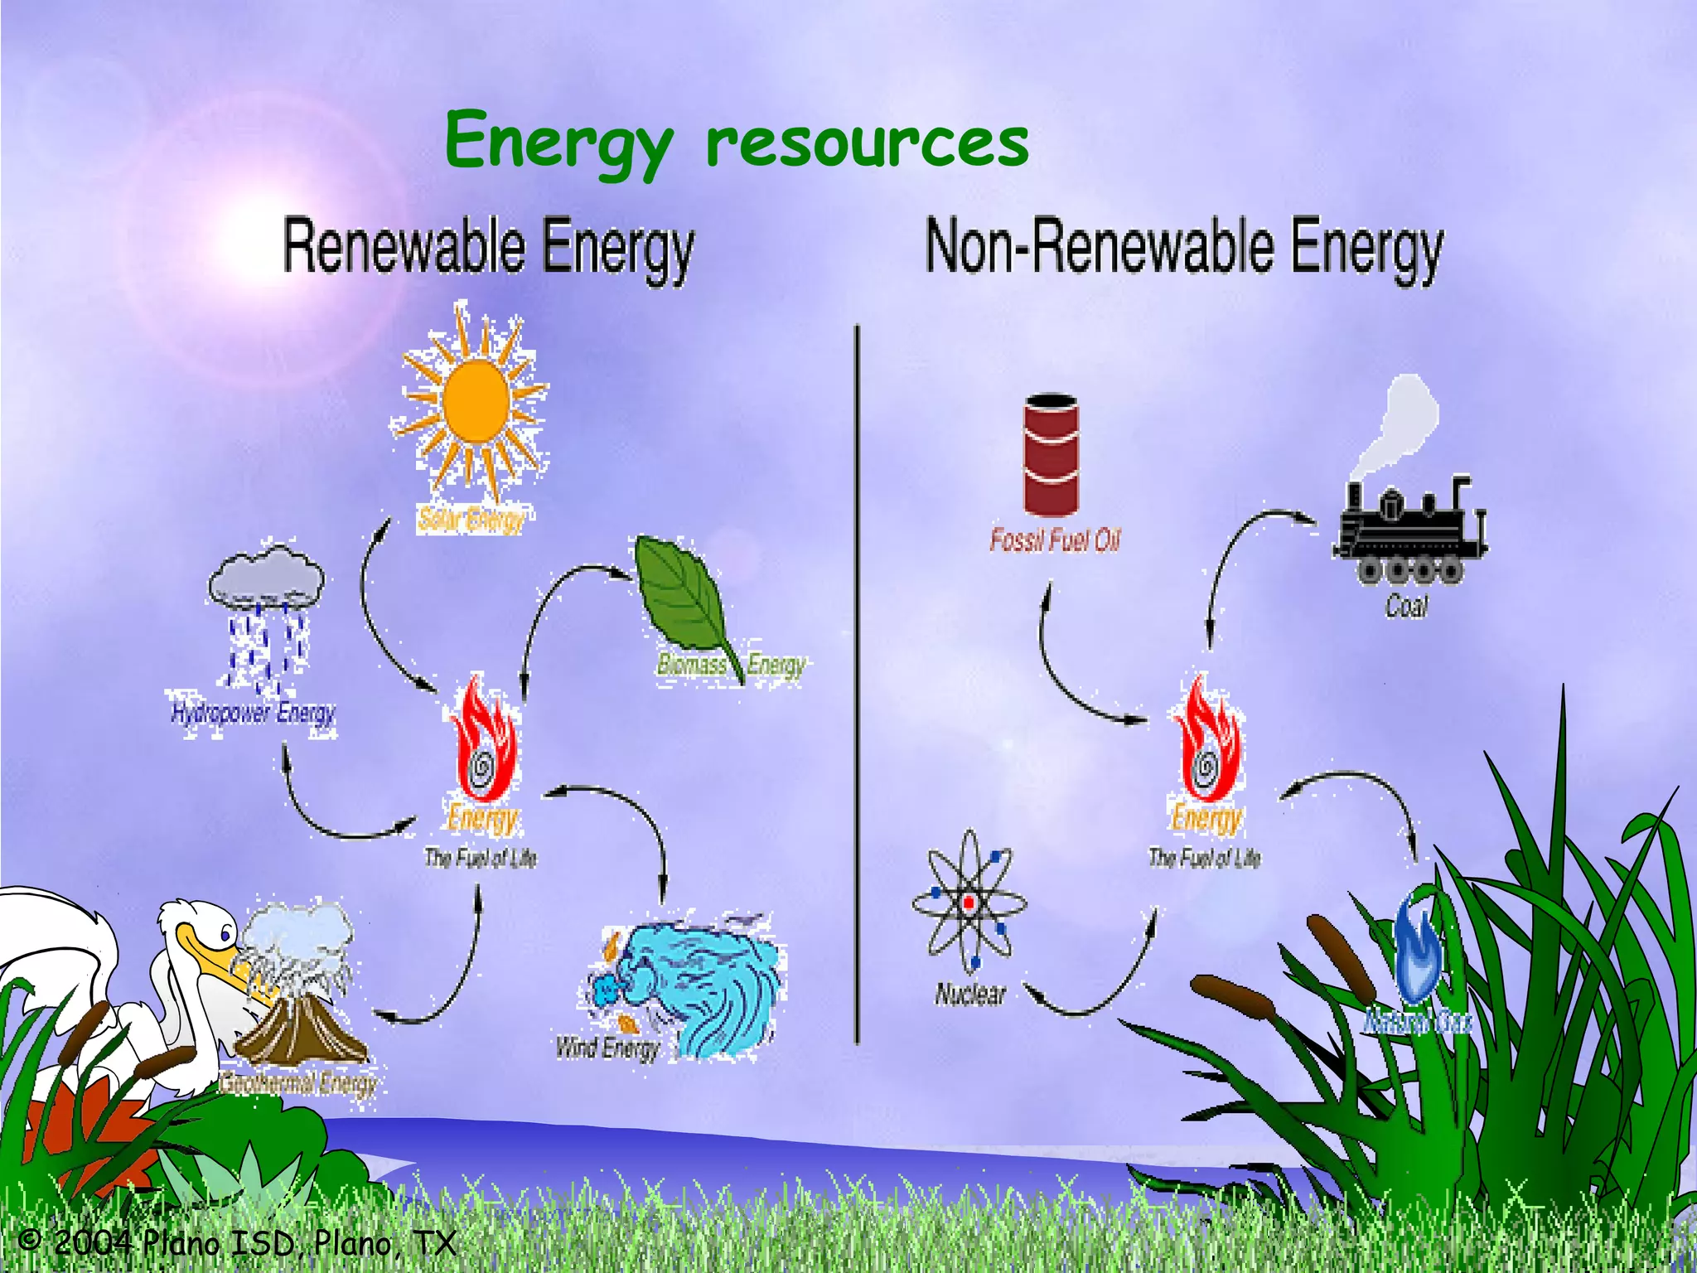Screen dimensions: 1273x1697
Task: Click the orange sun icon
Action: [476, 402]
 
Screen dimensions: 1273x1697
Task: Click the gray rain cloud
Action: [266, 575]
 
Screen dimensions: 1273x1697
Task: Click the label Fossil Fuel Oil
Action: [1055, 540]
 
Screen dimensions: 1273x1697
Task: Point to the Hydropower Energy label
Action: [254, 713]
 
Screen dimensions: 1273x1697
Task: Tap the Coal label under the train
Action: [1407, 607]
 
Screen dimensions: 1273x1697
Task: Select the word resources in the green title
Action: [867, 143]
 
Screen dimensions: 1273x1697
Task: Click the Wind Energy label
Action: [607, 1048]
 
